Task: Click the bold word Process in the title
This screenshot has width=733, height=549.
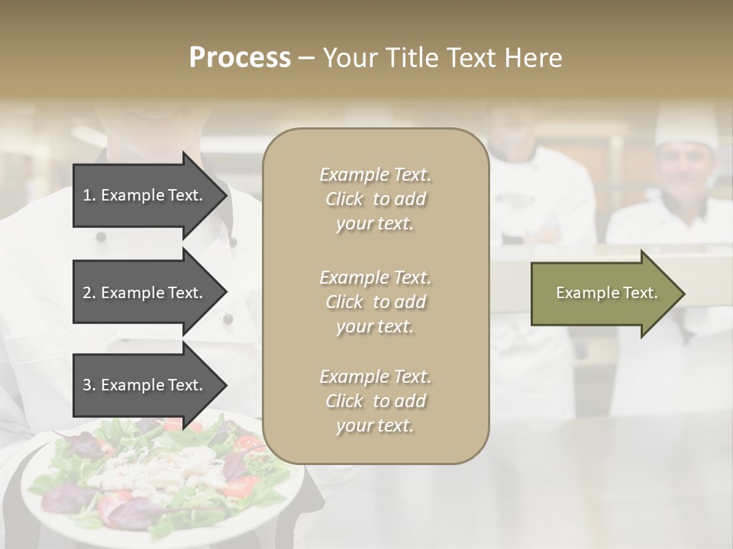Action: pos(240,58)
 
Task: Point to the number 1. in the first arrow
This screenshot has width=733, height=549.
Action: pos(89,195)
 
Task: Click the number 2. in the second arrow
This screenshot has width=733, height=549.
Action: pos(89,293)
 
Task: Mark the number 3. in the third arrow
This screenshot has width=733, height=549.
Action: pos(89,385)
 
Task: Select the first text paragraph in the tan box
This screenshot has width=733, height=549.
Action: pos(375,199)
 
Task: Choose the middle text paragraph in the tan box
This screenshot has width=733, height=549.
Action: pos(375,302)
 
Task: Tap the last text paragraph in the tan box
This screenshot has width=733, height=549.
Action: pos(375,401)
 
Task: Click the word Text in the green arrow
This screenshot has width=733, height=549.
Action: pos(641,293)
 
